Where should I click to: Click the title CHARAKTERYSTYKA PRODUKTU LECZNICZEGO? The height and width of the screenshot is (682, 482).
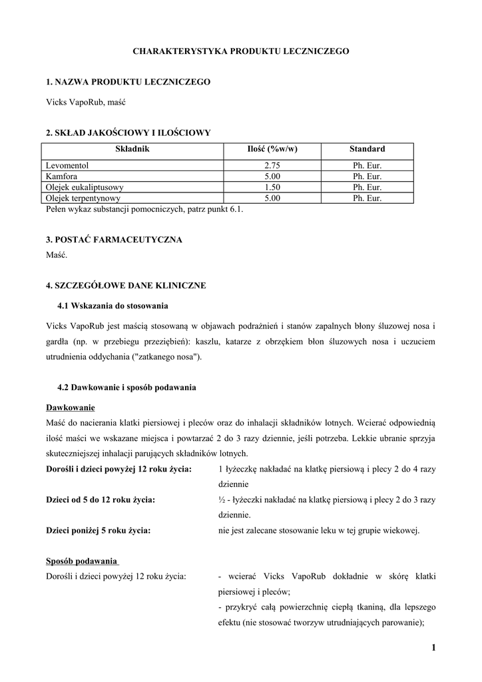point(241,51)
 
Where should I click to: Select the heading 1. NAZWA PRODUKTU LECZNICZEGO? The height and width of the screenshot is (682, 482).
point(128,81)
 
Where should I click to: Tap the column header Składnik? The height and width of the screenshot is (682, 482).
point(134,149)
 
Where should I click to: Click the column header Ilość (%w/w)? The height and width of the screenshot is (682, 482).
point(271,149)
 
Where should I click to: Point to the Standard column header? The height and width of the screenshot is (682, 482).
point(367,149)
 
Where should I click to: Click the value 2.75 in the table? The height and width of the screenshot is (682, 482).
point(271,165)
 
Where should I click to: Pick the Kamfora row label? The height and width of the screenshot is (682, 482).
point(62,176)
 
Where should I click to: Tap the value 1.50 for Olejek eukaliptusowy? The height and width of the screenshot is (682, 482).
point(271,187)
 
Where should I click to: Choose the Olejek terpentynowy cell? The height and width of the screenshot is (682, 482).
point(83,198)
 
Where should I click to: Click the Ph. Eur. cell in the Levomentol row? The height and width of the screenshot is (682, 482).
point(367,165)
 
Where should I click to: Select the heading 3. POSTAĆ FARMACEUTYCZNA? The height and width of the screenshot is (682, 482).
point(114,239)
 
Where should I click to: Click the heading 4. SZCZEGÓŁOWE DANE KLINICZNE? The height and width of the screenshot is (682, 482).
point(126,285)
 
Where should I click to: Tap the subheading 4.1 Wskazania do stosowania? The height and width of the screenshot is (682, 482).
point(113,306)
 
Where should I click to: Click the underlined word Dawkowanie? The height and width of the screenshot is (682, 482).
point(70,407)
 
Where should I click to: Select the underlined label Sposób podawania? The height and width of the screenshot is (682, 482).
point(82,560)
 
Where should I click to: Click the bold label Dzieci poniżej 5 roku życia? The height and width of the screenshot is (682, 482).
point(98,530)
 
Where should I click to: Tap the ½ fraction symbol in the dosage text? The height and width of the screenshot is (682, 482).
point(222,500)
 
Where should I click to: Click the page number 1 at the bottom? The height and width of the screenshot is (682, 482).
point(433,647)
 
